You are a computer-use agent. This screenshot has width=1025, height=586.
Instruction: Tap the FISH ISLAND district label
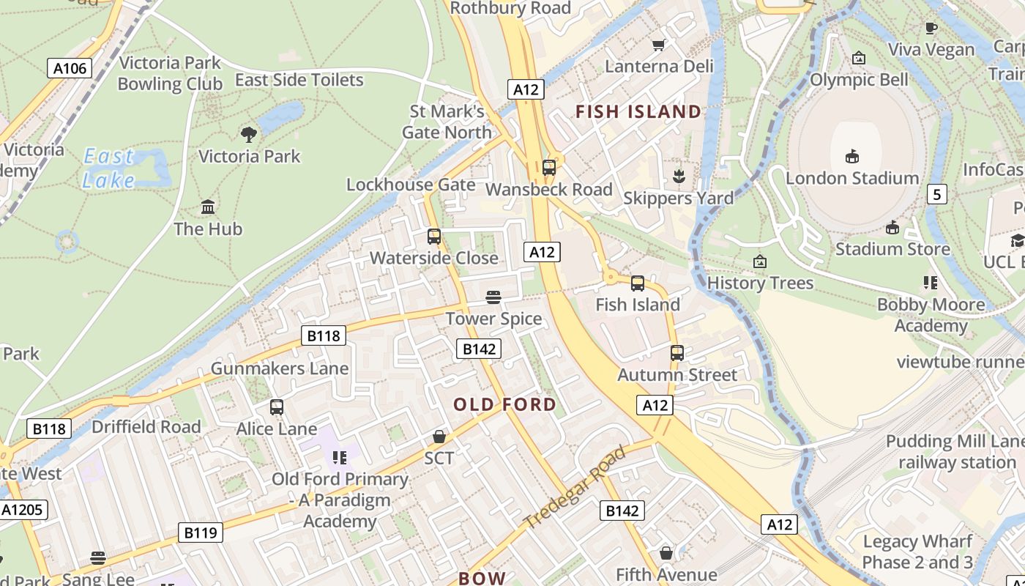tap(638, 112)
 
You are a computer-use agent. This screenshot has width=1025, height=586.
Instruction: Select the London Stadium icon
tap(852, 156)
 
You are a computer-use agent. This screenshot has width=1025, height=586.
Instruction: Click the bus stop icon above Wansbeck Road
tap(549, 168)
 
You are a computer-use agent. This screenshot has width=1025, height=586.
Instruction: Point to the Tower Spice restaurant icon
tap(493, 297)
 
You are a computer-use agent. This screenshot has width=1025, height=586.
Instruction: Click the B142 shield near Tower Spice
tap(479, 349)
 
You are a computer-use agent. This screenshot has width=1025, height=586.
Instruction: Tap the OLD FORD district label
tap(504, 404)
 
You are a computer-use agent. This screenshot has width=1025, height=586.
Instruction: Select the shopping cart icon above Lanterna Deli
tap(658, 45)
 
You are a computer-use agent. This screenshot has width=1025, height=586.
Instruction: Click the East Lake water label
tap(108, 168)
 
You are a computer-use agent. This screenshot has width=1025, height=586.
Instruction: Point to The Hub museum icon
tap(208, 207)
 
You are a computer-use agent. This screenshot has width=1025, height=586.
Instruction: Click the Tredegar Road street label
tap(576, 486)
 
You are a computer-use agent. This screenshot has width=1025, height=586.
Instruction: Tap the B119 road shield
tap(201, 533)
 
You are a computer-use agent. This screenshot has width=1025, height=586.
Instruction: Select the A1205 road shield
tap(23, 510)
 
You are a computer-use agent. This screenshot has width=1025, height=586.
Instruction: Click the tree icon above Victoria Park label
tap(249, 134)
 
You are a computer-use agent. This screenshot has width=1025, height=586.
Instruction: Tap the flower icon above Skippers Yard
tap(679, 176)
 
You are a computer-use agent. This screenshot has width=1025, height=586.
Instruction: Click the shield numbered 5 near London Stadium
tap(937, 194)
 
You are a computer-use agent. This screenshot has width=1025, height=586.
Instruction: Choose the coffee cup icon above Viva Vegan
tap(931, 29)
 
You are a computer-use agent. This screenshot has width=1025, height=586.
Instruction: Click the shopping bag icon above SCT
tap(439, 437)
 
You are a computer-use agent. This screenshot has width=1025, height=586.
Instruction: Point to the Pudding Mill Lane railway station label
tap(955, 452)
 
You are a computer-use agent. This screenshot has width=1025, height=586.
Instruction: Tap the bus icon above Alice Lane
tap(277, 407)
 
